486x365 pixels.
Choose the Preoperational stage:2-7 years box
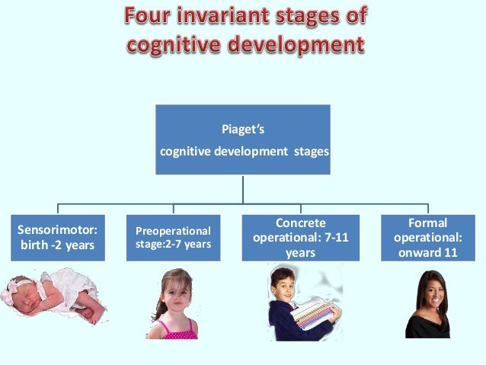[174, 238]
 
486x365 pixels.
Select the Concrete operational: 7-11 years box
[300, 238]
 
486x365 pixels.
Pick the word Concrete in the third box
[300, 223]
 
